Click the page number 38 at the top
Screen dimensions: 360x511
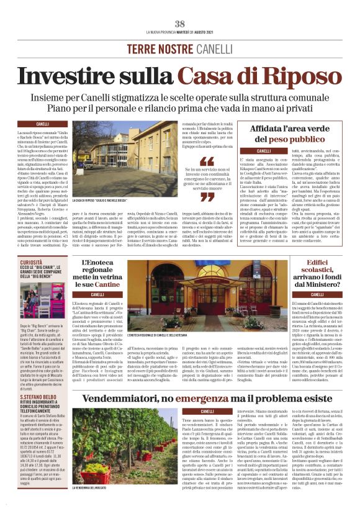[x=180, y=24]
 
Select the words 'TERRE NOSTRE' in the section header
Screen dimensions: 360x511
[x=156, y=48]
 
